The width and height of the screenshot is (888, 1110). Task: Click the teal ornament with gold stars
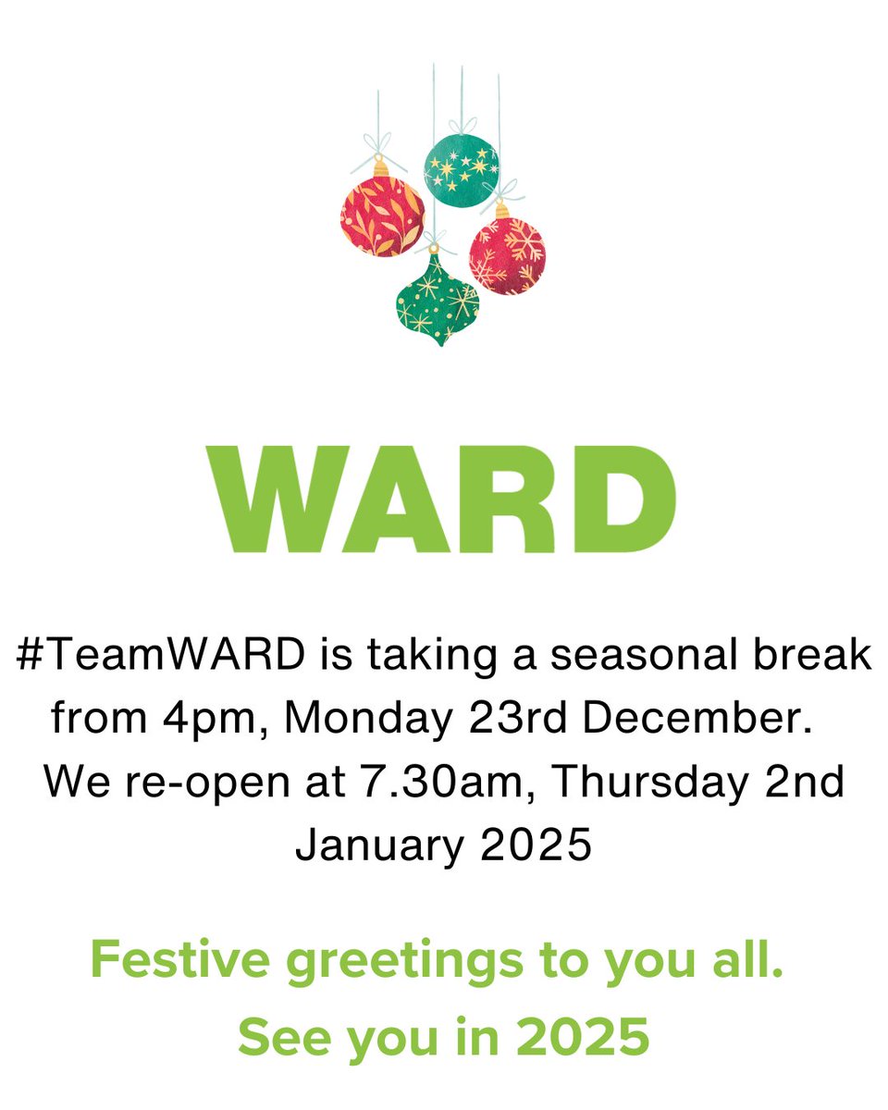[x=462, y=167]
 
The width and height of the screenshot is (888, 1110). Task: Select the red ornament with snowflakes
[x=507, y=255]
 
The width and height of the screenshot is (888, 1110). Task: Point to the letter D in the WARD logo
[x=623, y=499]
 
